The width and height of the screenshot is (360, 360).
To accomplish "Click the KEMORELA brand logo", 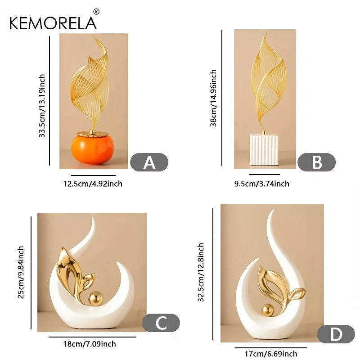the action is [x=53, y=23].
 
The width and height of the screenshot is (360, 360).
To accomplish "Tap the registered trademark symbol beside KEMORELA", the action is [x=96, y=12].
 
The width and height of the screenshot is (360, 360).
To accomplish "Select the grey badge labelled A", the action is [x=149, y=162].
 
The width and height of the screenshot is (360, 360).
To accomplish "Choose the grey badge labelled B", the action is [x=317, y=162].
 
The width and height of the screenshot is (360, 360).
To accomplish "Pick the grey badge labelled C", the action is [x=161, y=323].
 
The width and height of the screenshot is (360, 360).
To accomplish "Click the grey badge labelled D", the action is [x=336, y=334].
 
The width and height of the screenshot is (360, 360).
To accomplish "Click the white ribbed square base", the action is [x=264, y=150].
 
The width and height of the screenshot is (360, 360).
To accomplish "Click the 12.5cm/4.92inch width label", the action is [x=93, y=184].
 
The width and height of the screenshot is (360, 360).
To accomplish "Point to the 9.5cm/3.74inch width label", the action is [x=262, y=184].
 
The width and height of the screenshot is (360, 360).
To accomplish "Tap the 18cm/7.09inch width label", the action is [x=90, y=344].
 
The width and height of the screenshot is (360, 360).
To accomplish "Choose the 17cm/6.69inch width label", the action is [x=271, y=354].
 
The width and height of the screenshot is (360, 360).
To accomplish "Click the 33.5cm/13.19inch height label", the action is [x=42, y=106].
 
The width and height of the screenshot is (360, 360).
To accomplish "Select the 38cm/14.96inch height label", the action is [x=213, y=98].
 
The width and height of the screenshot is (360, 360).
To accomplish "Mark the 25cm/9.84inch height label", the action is [x=21, y=272].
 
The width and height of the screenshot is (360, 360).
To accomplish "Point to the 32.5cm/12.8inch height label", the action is [x=201, y=272].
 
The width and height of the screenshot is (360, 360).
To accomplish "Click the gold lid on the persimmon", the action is [x=93, y=133].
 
